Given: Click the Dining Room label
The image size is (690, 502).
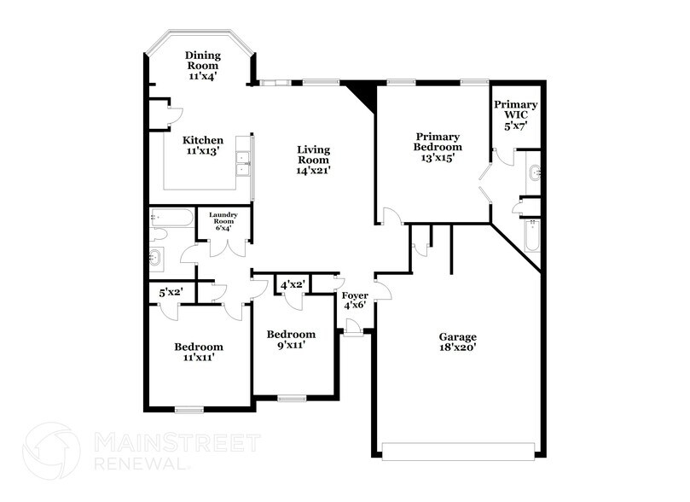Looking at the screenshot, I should (202, 59).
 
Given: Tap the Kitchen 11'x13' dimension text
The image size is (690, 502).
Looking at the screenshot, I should (203, 151).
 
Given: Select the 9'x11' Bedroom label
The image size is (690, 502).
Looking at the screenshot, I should (291, 334).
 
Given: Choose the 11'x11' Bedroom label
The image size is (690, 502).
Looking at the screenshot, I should (199, 347).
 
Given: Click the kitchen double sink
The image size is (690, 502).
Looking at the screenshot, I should (244, 163).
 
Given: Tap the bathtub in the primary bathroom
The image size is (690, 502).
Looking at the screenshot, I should (532, 236).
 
